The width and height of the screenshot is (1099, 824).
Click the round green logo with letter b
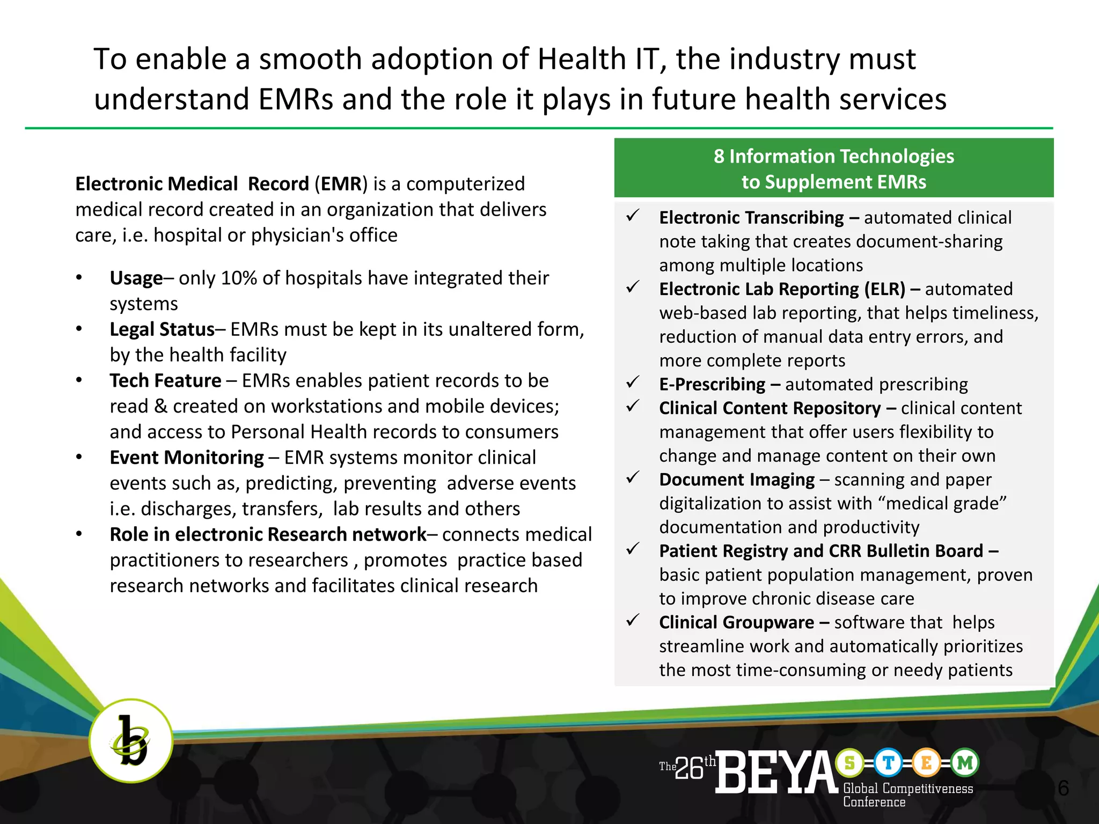coord(130,741)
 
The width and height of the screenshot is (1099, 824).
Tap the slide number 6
coord(1063,788)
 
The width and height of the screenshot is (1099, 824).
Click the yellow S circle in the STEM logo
coord(849,763)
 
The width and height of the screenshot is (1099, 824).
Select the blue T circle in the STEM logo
coord(888,763)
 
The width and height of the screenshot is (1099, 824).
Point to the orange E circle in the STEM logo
coord(926,763)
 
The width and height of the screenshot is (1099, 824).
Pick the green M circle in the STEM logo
coord(965,763)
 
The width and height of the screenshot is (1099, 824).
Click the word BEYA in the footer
coord(776,772)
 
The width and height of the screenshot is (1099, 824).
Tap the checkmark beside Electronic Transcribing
coord(633,216)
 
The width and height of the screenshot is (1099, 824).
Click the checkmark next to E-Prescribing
coord(633,382)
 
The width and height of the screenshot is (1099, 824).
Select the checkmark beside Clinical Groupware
coord(633,621)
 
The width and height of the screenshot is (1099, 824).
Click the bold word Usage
coord(136,278)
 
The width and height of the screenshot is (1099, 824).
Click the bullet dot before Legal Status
coord(79,329)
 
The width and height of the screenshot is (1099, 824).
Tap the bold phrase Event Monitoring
coord(187,458)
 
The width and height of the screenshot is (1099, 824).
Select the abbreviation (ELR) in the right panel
coord(884,289)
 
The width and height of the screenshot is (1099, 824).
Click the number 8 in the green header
coord(719,156)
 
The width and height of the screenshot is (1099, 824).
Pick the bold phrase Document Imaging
coord(737,480)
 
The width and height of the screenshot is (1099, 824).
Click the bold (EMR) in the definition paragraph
coord(341,184)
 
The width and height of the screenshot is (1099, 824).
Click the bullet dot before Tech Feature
coord(79,380)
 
